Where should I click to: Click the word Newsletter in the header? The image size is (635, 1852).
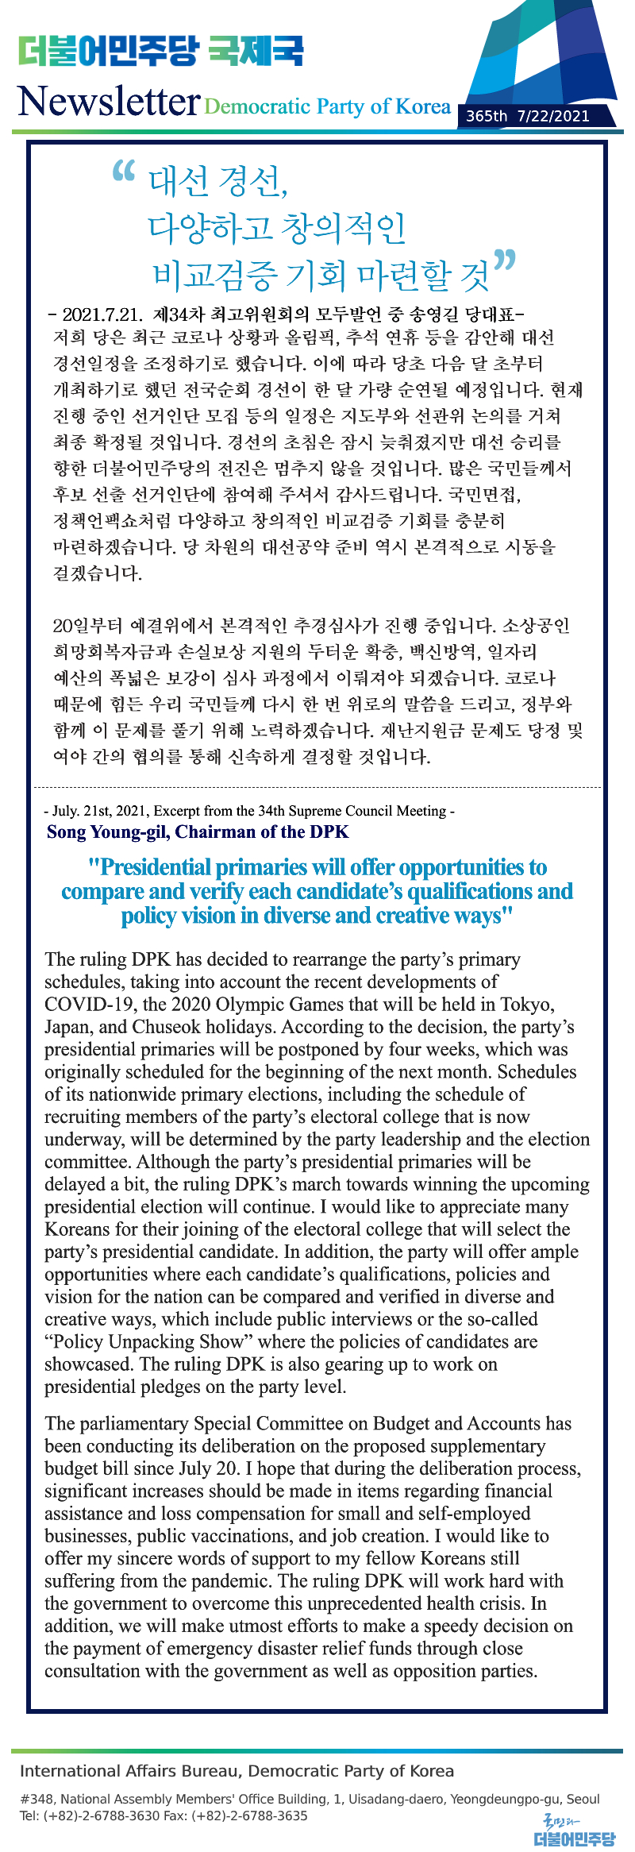(108, 102)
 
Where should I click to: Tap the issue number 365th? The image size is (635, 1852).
(487, 116)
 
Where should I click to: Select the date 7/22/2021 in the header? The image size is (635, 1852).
(553, 116)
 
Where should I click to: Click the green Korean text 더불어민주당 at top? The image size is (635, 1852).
(108, 52)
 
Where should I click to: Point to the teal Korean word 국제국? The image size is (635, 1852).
(256, 52)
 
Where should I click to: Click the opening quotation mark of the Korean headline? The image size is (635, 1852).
(124, 171)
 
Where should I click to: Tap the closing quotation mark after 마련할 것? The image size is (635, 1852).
(505, 260)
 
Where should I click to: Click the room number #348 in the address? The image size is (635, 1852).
(37, 1799)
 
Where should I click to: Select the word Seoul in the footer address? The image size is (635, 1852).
(583, 1799)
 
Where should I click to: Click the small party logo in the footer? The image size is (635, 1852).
(573, 1832)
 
